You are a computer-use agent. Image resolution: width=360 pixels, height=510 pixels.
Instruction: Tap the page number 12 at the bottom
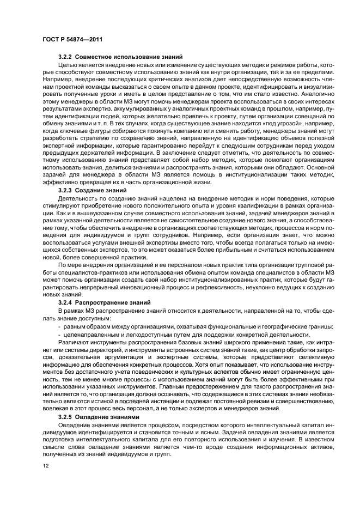click(45, 465)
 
